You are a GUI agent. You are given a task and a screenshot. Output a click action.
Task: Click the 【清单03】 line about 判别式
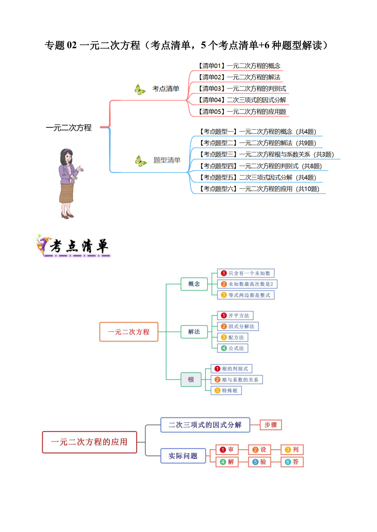pos(242,89)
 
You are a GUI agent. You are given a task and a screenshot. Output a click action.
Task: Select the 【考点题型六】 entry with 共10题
pos(259,189)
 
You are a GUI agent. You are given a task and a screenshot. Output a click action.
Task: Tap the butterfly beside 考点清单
pos(140,89)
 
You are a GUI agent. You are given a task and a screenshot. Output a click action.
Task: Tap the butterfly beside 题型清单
pos(141,161)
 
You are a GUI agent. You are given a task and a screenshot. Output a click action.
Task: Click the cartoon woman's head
pos(67,156)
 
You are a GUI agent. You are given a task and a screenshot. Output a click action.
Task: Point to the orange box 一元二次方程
pos(129,332)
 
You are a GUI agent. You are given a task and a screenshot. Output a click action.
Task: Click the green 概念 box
pos(194,284)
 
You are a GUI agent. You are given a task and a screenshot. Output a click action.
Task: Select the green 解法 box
pos(194,332)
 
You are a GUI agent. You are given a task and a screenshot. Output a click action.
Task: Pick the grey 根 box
pos(191,379)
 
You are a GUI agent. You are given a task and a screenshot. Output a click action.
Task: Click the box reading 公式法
pos(233,348)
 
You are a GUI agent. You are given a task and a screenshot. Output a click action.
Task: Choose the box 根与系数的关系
pos(237,380)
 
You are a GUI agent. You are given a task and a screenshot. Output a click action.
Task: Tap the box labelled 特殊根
pos(226,391)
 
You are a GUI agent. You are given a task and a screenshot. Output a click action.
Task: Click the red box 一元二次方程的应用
pos(90,442)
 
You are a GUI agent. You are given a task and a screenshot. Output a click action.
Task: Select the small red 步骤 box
pos(271,425)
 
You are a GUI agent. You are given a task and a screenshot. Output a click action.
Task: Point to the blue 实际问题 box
pos(183,456)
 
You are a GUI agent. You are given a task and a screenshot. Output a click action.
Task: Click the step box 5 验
pos(259,462)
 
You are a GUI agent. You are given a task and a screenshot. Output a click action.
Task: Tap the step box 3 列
pos(292,450)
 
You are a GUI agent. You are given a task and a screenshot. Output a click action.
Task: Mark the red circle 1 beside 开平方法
pos(224,315)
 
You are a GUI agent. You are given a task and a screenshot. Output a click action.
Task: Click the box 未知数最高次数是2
pos(247,284)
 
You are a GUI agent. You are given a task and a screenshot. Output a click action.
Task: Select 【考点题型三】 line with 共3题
pos(267,154)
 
